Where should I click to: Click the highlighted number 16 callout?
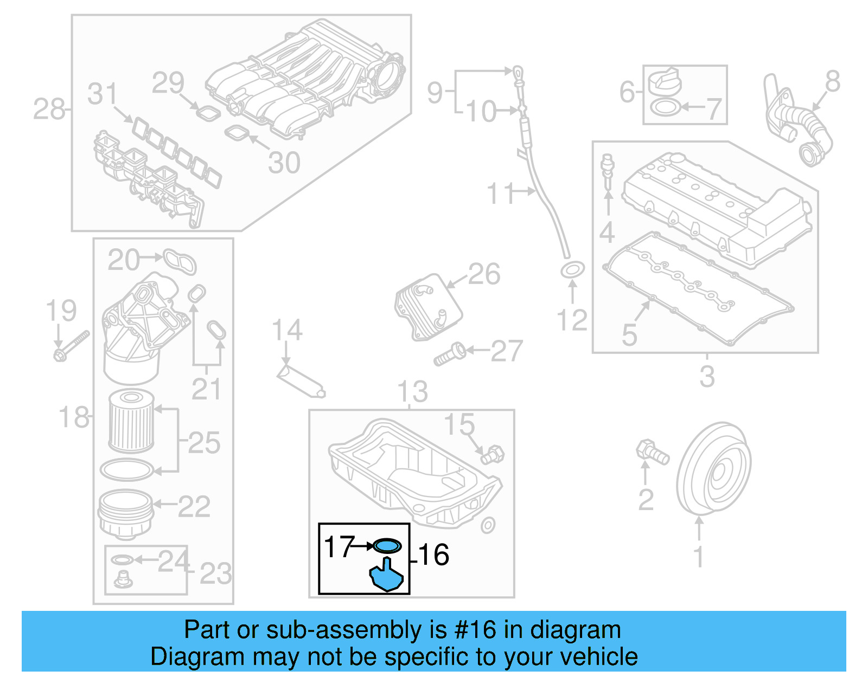point(433,555)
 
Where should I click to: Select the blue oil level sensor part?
point(387,576)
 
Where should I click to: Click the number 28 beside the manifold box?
point(48,109)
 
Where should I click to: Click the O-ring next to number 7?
point(664,107)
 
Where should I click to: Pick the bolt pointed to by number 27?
point(450,353)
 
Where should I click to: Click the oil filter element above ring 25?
point(131,422)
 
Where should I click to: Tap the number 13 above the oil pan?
point(412,391)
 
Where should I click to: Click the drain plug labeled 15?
point(492,454)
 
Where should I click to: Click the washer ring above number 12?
point(572,269)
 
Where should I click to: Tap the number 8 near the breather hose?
point(832,82)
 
